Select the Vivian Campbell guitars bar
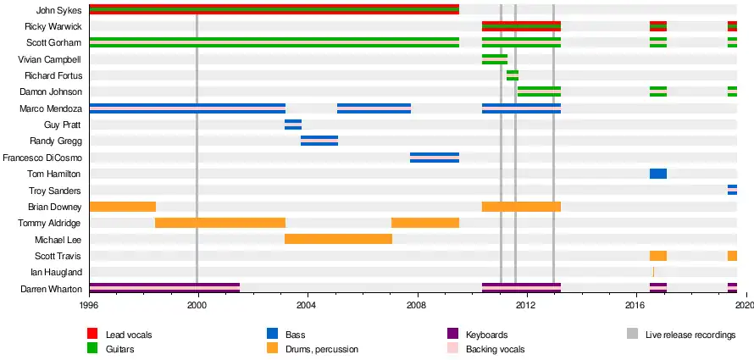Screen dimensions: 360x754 pos(495,59)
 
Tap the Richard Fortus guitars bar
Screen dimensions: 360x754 pos(513,75)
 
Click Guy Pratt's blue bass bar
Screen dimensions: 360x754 pos(293,125)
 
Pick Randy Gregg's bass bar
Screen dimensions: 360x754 pos(319,141)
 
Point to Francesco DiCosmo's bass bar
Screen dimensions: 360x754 pos(435,157)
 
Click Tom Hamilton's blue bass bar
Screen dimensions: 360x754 pos(658,174)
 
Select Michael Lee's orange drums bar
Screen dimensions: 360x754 pos(338,239)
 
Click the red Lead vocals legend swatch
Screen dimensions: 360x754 pos(92,335)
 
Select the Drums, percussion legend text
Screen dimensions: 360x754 pos(321,349)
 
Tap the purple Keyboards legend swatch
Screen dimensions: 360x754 pos(452,335)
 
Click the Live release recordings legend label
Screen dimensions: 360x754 pos(690,335)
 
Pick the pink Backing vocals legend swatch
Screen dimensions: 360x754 pos(452,349)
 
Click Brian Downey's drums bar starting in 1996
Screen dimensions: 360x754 pos(122,207)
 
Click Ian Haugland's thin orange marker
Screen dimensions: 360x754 pos(653,272)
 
